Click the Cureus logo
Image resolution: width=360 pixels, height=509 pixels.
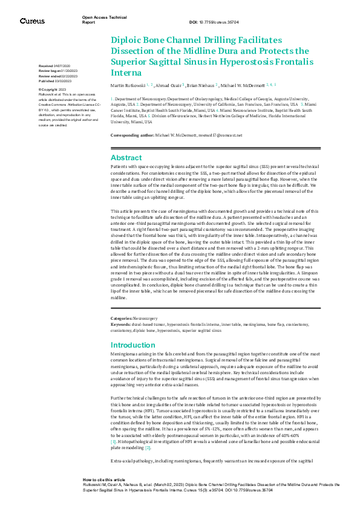pos(32,21)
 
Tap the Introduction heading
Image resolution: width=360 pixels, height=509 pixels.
pos(134,345)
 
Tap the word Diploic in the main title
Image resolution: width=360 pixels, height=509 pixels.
pos(127,39)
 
